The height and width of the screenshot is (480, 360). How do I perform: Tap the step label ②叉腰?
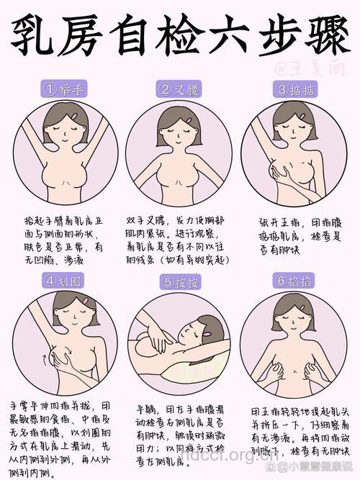[180, 90]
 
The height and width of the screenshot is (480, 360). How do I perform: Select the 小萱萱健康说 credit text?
[318, 466]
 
